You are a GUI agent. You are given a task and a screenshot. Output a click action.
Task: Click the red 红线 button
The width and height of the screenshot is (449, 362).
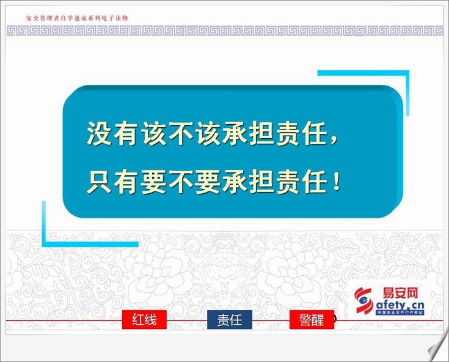(144, 319)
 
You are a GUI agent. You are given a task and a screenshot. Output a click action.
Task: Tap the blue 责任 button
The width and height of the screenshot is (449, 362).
(230, 319)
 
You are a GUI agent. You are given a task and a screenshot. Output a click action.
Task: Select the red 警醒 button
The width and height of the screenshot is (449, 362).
(312, 319)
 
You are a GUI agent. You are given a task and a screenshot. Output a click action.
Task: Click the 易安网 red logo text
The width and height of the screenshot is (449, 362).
(400, 294)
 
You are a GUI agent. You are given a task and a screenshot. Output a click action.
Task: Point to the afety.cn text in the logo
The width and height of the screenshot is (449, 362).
(400, 305)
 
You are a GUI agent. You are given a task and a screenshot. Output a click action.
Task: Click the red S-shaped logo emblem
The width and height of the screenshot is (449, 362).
(363, 300)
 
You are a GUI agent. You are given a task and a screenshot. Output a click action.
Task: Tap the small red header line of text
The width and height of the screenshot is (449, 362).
(77, 18)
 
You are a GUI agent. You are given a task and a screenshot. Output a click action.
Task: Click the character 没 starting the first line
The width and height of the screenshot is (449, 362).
(99, 133)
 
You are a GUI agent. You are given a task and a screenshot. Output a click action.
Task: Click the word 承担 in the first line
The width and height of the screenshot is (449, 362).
(248, 133)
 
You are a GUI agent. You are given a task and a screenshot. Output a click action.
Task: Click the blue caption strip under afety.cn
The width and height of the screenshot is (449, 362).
(400, 313)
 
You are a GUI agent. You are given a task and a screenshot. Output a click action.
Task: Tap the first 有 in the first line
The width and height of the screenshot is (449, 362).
(125, 133)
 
